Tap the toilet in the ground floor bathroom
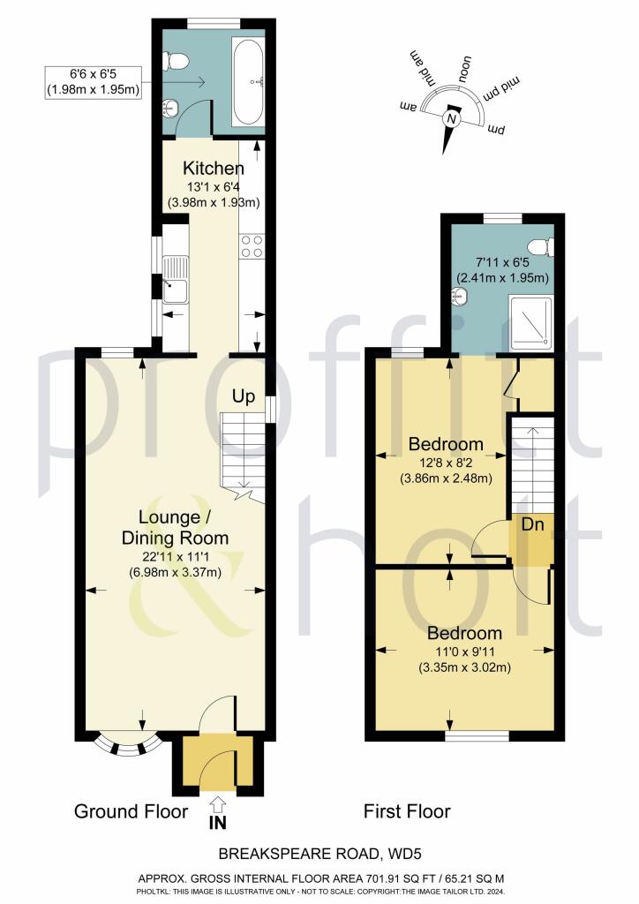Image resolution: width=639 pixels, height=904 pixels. pyautogui.click(x=179, y=61)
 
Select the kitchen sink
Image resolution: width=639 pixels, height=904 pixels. pyautogui.click(x=175, y=275)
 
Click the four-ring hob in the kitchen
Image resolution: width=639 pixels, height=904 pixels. pyautogui.click(x=251, y=245)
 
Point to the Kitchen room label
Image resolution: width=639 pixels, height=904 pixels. pyautogui.click(x=213, y=169)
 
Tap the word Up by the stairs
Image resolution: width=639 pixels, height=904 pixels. pyautogui.click(x=244, y=395)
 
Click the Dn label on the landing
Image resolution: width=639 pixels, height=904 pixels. pyautogui.click(x=532, y=525)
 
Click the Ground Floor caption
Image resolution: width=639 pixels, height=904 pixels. pyautogui.click(x=131, y=811)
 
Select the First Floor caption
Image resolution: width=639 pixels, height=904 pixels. pyautogui.click(x=407, y=811)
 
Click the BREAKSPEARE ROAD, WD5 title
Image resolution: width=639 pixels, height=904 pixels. pyautogui.click(x=319, y=855)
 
